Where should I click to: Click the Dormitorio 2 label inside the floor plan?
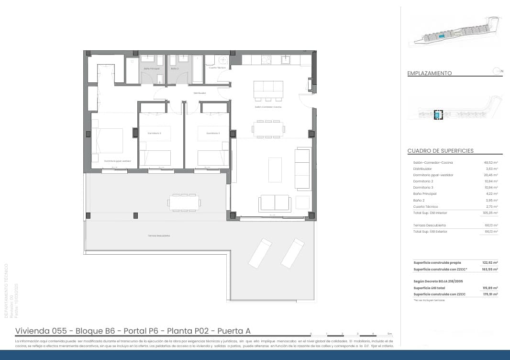tap(155, 133)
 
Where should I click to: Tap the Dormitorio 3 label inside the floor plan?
tap(213, 133)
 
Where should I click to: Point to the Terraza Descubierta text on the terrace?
tap(159, 236)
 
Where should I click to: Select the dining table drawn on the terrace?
tap(184, 203)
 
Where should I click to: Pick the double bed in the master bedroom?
tap(110, 140)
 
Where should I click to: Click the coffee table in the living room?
tap(275, 170)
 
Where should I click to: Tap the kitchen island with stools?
tap(268, 90)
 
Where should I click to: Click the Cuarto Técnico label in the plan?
tap(217, 68)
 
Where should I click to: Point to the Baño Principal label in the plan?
tap(152, 68)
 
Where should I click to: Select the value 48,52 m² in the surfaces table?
tap(491, 163)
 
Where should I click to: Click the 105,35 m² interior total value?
tap(490, 213)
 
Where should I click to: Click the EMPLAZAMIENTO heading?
tap(429, 73)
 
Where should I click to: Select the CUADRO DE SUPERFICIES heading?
tap(440, 151)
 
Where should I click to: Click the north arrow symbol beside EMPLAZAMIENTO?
tap(497, 71)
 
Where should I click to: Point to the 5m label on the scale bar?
tap(390, 333)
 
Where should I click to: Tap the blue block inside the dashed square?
tap(437, 115)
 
